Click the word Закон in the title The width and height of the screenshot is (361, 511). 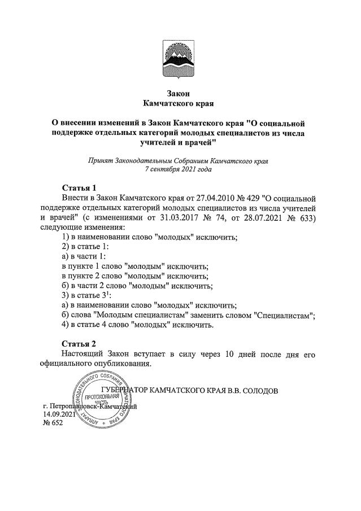point(180,93)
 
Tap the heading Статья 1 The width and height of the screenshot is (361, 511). point(79,187)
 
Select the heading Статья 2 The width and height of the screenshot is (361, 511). point(79,343)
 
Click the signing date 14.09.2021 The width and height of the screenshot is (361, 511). point(59,415)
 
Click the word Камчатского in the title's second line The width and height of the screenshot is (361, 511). point(168,104)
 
